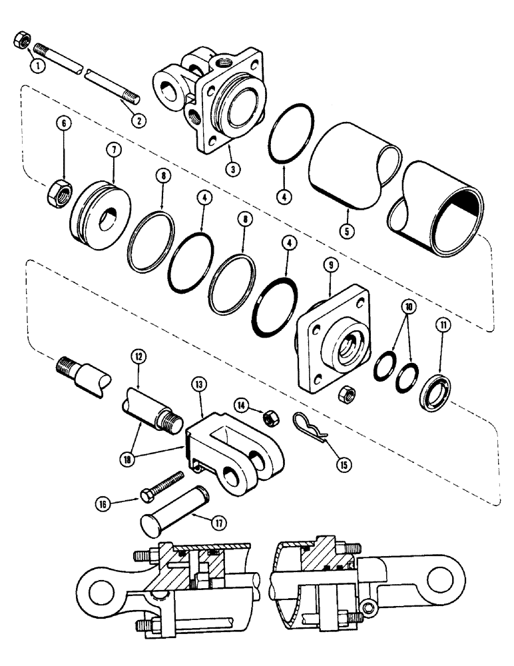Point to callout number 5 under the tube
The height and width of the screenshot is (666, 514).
(x=350, y=234)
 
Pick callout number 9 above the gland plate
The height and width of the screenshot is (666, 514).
(x=330, y=264)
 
